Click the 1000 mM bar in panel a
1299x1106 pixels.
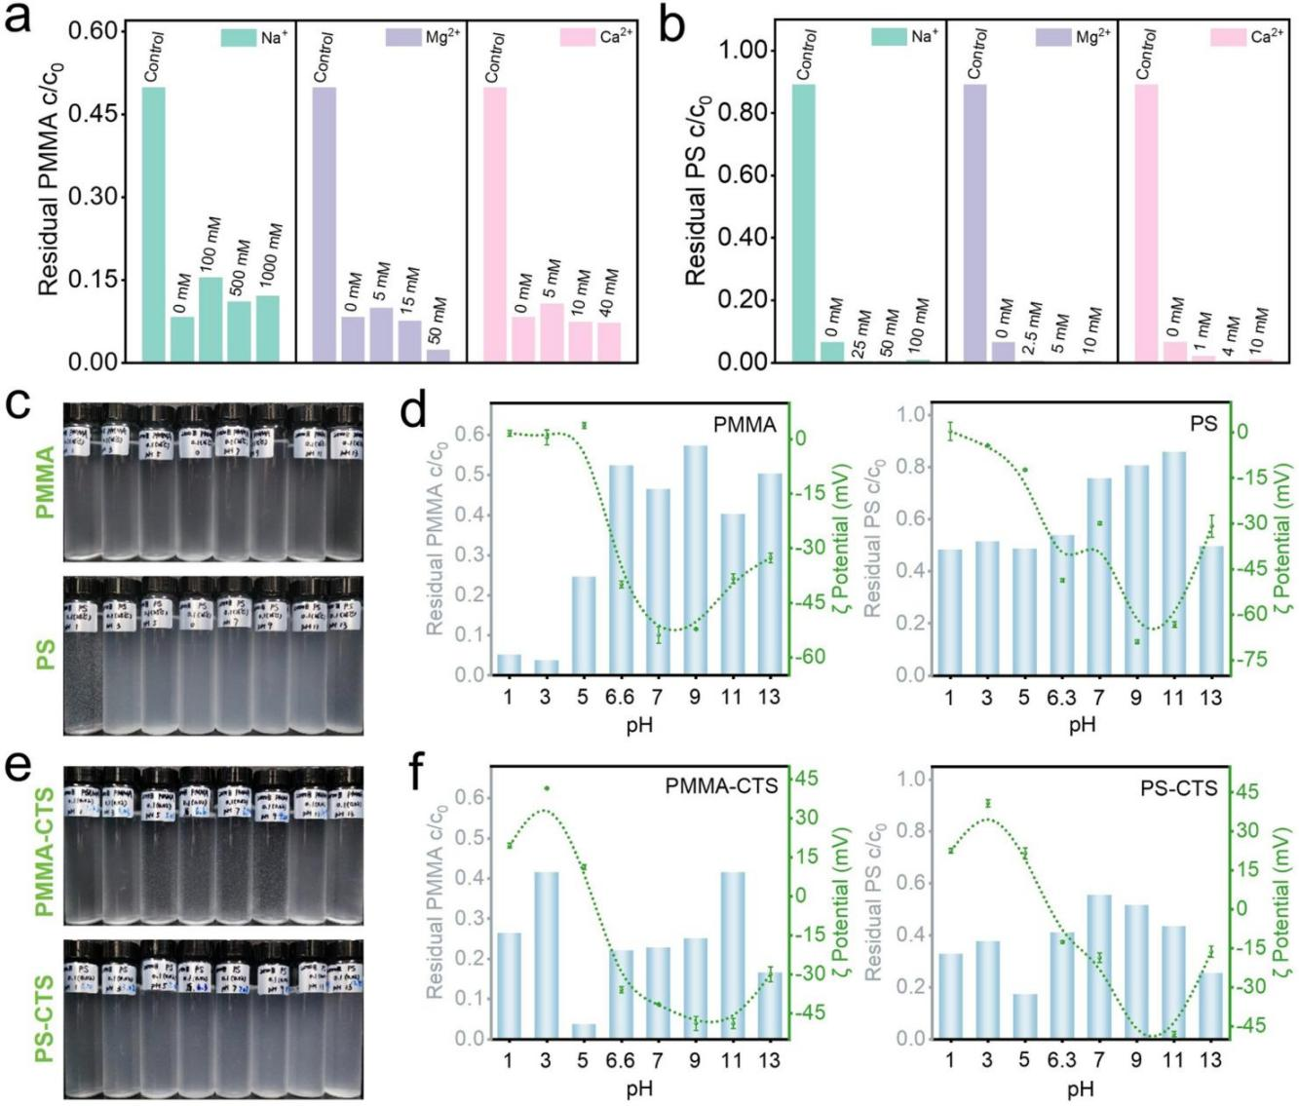point(268,328)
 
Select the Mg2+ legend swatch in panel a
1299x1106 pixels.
point(403,38)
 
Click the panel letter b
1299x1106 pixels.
point(672,25)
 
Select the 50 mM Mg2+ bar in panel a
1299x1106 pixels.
point(439,356)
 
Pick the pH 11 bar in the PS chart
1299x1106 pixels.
point(1173,563)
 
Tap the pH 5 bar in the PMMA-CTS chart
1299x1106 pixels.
point(583,1031)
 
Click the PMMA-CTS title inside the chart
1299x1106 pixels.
point(721,785)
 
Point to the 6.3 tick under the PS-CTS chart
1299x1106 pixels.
point(1061,1060)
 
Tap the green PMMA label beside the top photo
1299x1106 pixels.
point(45,481)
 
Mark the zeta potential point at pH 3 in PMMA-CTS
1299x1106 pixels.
point(546,788)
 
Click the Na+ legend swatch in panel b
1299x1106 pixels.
point(889,38)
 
